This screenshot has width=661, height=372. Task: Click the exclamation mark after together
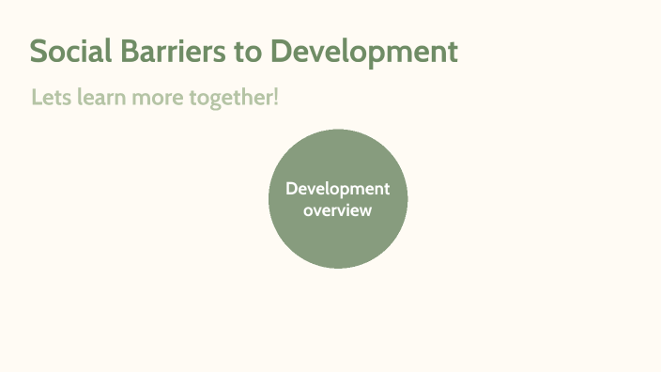[276, 97]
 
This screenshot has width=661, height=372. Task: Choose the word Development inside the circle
[338, 190]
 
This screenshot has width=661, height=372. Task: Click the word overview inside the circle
[338, 210]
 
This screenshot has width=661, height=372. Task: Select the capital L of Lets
[36, 97]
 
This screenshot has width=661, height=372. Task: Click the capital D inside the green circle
[291, 189]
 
